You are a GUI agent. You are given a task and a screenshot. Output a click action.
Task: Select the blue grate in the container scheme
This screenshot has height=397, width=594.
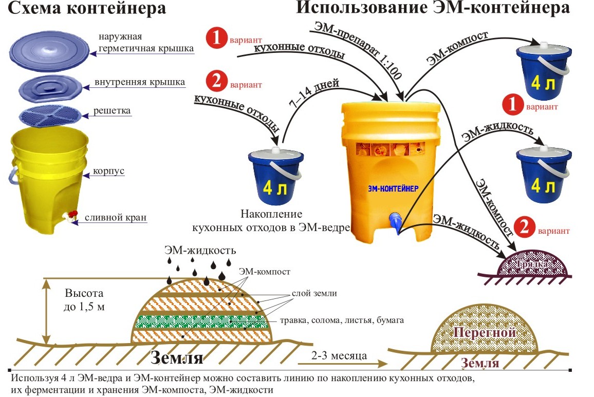(50, 116)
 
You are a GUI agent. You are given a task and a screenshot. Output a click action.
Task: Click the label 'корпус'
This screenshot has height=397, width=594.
(109, 171)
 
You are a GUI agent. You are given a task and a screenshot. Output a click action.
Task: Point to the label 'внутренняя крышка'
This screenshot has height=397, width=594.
(139, 82)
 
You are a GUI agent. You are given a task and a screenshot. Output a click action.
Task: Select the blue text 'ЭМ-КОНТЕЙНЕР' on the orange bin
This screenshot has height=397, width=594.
(393, 188)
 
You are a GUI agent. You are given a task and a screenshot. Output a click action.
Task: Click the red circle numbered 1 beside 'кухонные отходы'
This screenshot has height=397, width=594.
(216, 38)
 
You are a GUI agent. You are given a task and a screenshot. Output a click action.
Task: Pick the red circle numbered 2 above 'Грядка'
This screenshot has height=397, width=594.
(525, 228)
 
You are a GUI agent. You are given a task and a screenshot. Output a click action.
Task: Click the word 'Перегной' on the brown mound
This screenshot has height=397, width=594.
(485, 332)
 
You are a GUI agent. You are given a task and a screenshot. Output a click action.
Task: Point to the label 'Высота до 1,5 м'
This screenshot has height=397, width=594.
(84, 299)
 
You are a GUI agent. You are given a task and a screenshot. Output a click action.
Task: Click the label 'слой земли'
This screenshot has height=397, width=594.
(314, 293)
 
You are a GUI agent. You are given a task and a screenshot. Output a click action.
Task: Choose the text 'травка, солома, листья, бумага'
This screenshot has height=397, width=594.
(342, 320)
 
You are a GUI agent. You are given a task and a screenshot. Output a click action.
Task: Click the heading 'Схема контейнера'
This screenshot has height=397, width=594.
(87, 8)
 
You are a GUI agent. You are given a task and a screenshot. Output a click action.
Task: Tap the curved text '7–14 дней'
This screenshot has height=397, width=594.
(314, 93)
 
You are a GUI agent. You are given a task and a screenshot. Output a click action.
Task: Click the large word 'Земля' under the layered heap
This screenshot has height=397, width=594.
(177, 357)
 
